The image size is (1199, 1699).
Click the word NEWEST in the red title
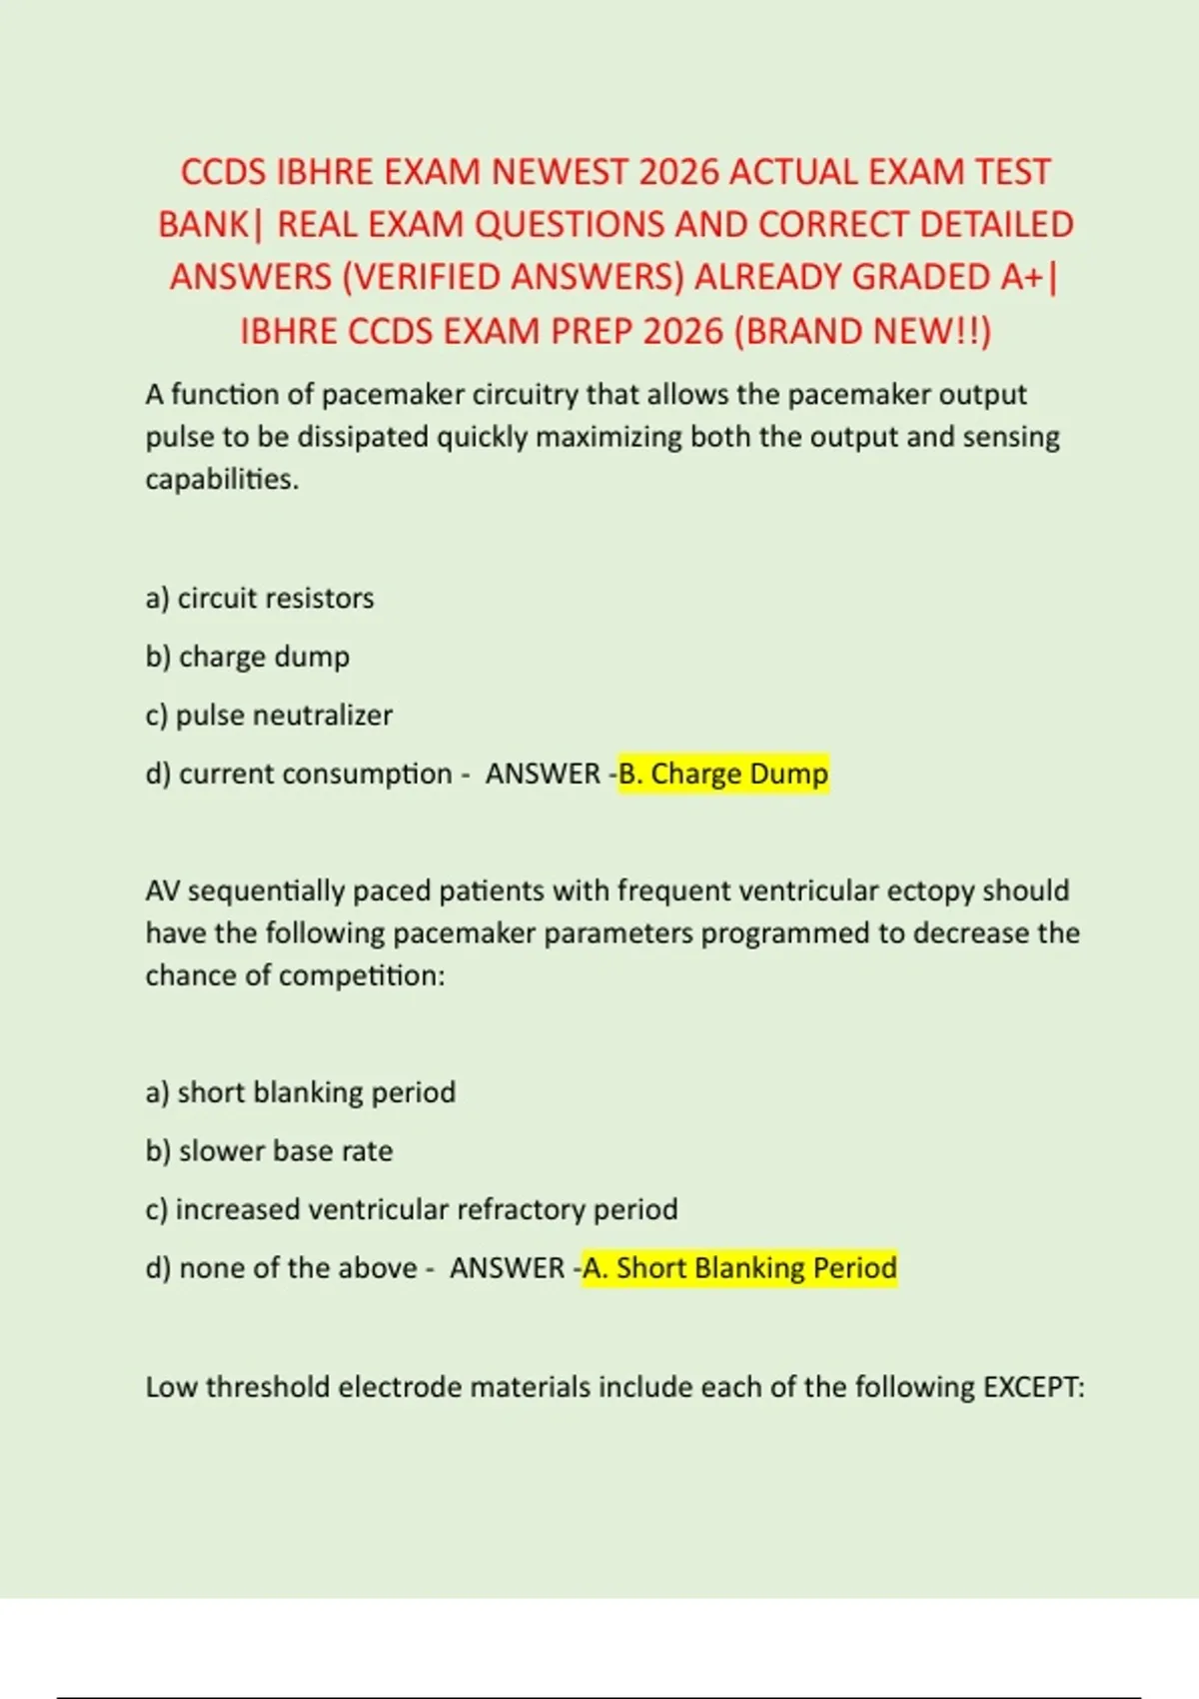[559, 172]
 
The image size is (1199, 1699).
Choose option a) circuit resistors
[260, 598]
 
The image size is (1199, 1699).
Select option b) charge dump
[248, 657]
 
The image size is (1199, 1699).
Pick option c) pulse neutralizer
[269, 715]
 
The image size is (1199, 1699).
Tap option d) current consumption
[299, 774]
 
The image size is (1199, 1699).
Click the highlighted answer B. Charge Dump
[723, 774]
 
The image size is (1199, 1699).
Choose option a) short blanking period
[301, 1091]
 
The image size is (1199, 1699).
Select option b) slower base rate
[269, 1150]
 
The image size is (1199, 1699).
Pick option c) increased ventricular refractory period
[412, 1209]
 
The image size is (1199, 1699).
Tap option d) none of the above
[281, 1267]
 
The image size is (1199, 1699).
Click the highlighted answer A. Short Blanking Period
[739, 1267]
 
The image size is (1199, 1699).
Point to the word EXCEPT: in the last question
[1034, 1386]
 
